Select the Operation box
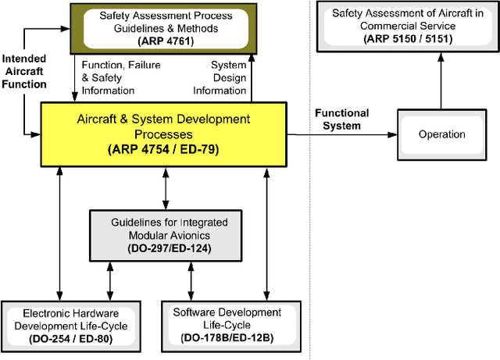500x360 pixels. (x=441, y=134)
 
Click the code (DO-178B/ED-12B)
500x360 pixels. (x=228, y=338)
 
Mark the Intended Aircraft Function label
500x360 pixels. (x=24, y=70)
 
